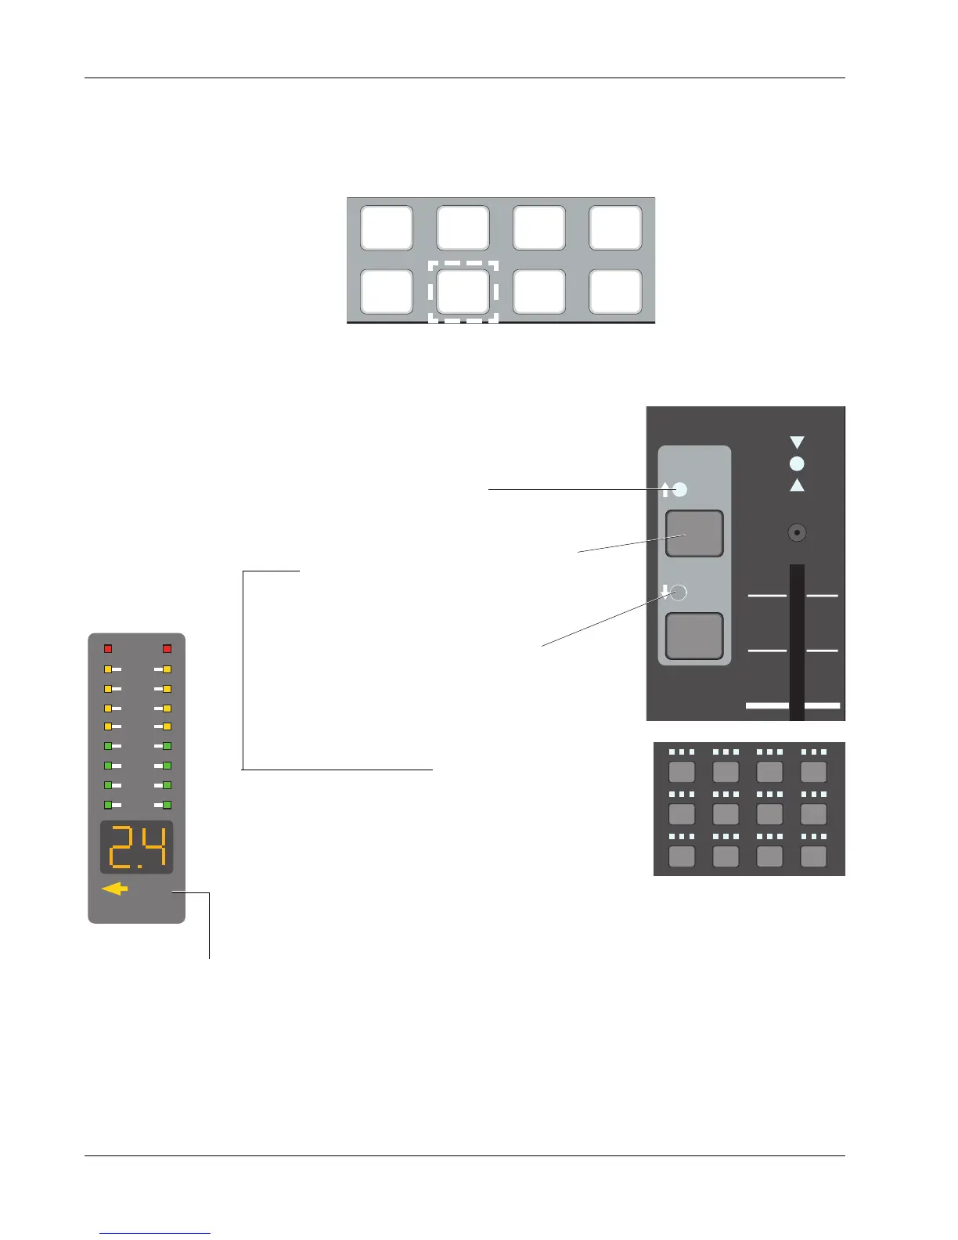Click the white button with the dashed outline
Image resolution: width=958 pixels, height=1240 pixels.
[463, 291]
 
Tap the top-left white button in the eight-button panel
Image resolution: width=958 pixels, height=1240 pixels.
[387, 228]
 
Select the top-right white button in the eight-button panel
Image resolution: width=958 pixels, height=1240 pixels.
[615, 228]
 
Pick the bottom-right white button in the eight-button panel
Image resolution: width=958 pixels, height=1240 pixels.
[615, 291]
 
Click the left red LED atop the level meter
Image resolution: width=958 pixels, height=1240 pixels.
[108, 649]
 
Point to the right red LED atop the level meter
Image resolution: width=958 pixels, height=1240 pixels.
[167, 649]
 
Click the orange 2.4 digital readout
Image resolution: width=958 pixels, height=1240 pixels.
[136, 848]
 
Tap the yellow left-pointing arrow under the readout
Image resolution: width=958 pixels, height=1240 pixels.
[114, 889]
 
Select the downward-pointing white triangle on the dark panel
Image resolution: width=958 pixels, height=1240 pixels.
[797, 442]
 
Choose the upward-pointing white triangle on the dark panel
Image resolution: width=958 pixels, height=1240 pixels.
[797, 485]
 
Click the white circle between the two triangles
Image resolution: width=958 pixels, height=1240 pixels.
[797, 463]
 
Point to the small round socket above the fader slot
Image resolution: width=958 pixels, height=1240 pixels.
[797, 533]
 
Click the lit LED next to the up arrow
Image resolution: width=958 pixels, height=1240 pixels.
[679, 490]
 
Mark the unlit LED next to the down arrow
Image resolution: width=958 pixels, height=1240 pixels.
[679, 592]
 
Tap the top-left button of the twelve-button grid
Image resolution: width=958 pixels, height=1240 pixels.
[682, 772]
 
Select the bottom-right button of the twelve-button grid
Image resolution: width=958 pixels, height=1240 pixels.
[814, 856]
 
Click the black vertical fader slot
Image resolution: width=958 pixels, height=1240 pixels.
[797, 642]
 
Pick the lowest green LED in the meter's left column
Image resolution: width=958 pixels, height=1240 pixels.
[108, 805]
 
